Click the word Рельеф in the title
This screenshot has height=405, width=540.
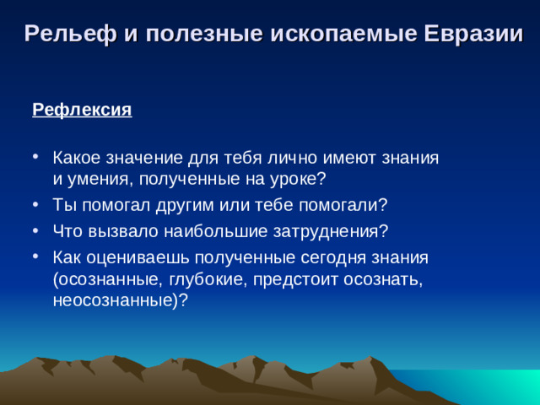coord(62,35)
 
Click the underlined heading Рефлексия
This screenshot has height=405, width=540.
coord(82,111)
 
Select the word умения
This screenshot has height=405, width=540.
coord(98,179)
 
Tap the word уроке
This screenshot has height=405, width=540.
coord(294,179)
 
